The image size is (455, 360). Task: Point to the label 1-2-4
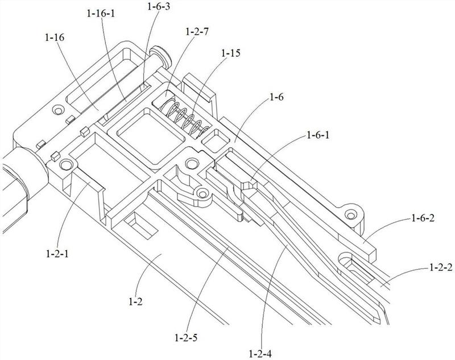coord(260,353)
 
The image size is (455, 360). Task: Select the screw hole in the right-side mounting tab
coord(352,214)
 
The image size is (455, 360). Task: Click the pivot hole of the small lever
coord(201,195)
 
